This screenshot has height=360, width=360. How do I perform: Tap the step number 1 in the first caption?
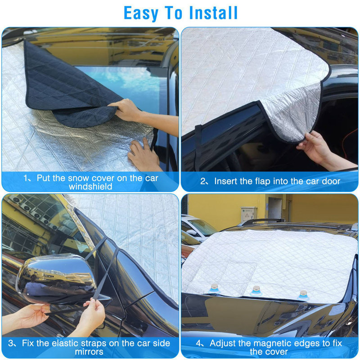pyautogui.click(x=26, y=178)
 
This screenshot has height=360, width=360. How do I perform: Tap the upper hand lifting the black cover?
pyautogui.click(x=126, y=110)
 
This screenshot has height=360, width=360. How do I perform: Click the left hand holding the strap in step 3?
pyautogui.click(x=31, y=315)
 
